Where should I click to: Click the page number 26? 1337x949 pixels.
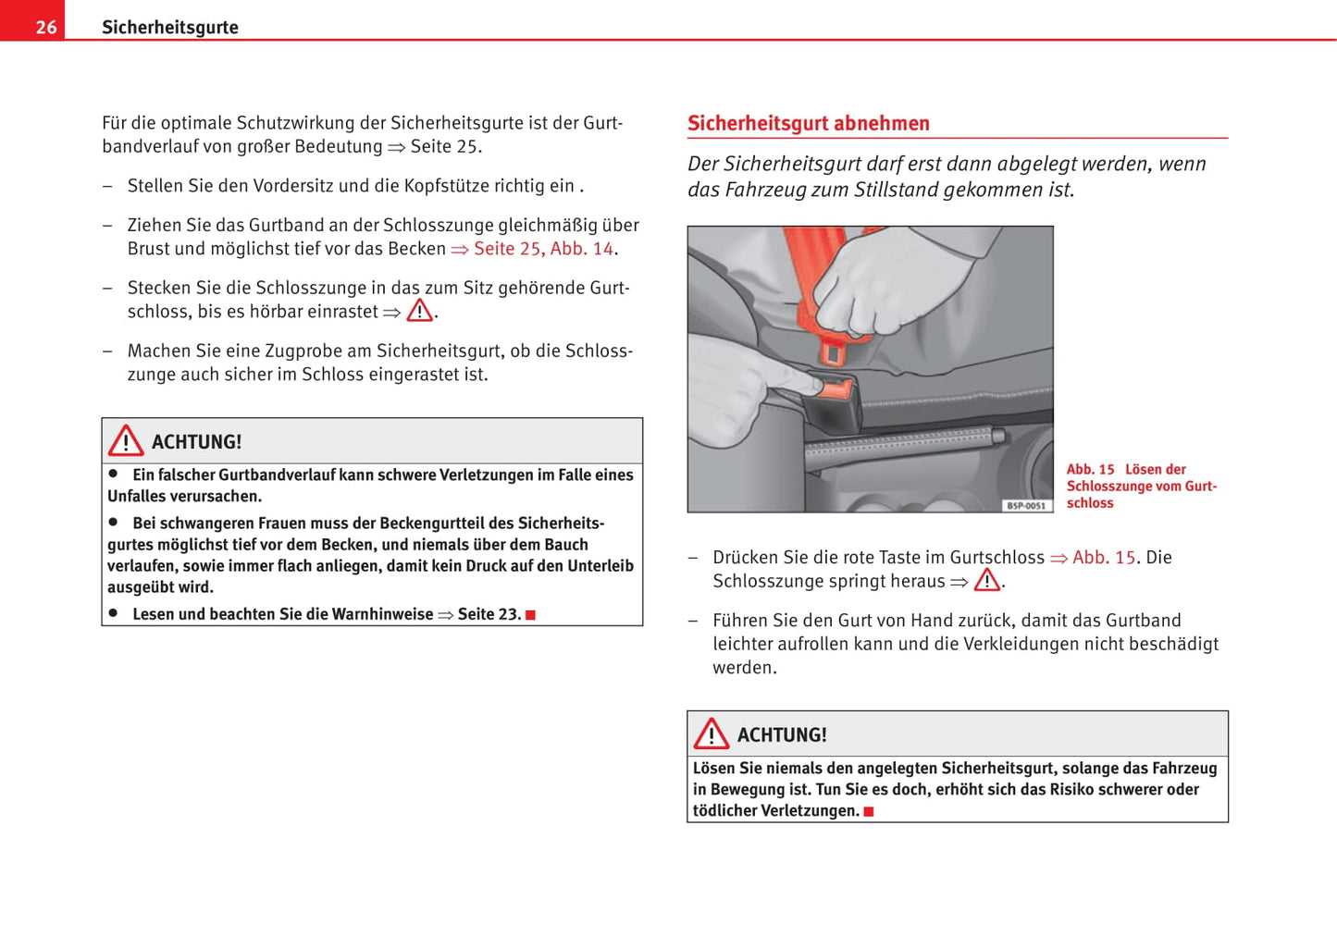click(45, 27)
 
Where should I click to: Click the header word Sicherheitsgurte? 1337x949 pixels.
click(170, 27)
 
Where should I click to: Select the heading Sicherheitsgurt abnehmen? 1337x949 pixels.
click(808, 123)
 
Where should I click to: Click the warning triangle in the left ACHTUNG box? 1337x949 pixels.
click(126, 441)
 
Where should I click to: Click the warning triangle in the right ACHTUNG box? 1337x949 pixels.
click(712, 734)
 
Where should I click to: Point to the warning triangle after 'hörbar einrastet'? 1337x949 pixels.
click(420, 311)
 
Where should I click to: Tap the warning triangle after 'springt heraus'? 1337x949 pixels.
click(987, 580)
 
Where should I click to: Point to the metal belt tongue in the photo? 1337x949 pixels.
click(833, 351)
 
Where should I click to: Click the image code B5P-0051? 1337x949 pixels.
click(1026, 506)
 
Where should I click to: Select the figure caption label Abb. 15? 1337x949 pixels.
click(1090, 470)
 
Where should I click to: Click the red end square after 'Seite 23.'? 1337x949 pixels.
click(531, 615)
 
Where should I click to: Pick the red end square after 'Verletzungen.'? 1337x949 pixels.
click(869, 812)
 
